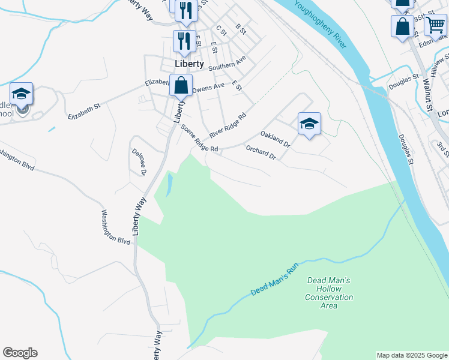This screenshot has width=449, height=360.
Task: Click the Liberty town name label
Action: (x=189, y=63)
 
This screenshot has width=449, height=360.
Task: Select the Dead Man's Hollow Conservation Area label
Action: (x=328, y=293)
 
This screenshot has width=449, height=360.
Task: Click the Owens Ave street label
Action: (x=208, y=87)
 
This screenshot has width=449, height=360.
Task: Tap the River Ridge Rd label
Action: (x=228, y=125)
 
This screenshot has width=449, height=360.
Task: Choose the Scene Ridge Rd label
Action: (x=199, y=139)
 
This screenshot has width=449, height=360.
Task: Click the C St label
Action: (x=221, y=31)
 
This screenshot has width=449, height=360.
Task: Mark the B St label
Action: (x=241, y=28)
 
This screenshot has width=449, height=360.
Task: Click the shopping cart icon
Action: (x=435, y=26)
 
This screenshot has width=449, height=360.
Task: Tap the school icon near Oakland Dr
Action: (x=309, y=124)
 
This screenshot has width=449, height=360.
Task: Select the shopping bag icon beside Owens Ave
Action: (x=181, y=85)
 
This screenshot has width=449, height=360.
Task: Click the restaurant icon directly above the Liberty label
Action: (x=184, y=41)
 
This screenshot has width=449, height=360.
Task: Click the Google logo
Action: (x=20, y=353)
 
